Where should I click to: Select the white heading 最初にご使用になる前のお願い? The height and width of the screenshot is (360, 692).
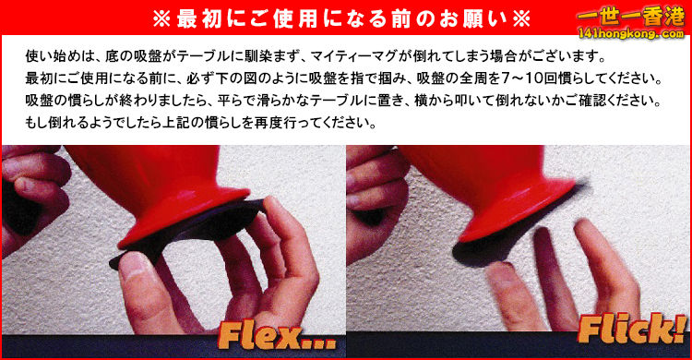click(328, 18)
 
